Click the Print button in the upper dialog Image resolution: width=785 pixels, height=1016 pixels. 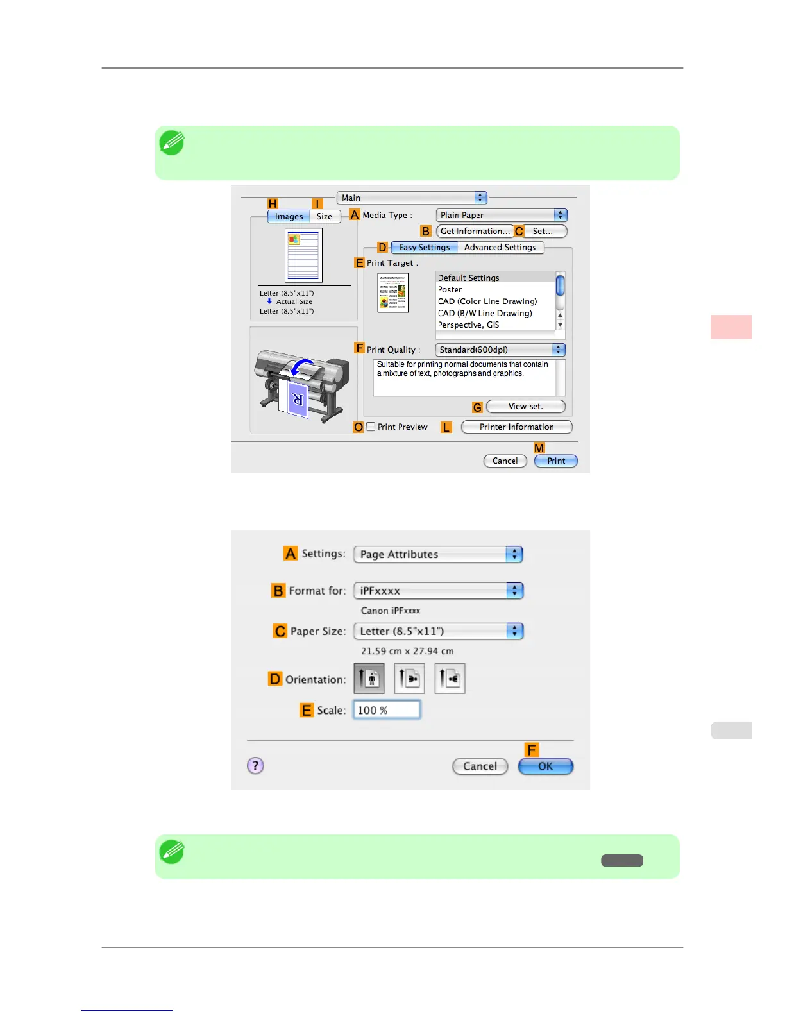click(x=555, y=461)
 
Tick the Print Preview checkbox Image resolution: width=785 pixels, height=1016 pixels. click(x=371, y=427)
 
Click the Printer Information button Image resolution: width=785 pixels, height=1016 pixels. click(x=516, y=427)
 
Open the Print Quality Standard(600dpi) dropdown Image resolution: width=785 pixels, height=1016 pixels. click(x=500, y=350)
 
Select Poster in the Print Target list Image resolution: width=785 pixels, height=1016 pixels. click(x=450, y=289)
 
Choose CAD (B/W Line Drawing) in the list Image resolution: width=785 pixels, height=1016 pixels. click(x=485, y=313)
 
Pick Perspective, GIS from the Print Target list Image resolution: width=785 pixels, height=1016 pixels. click(x=468, y=325)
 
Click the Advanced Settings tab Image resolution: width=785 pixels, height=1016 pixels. click(x=500, y=247)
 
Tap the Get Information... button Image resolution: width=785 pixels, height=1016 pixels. click(x=475, y=231)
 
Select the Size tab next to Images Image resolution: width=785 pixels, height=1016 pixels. click(x=325, y=216)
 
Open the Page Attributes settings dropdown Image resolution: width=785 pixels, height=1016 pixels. click(x=438, y=554)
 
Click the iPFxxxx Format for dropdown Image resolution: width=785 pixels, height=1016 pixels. click(x=438, y=591)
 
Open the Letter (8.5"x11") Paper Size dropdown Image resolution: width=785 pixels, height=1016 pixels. click(x=438, y=631)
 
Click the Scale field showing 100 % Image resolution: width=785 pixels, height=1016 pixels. click(x=387, y=710)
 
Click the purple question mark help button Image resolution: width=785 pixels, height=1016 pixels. click(x=255, y=765)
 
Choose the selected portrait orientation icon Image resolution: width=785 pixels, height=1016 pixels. click(x=369, y=679)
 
